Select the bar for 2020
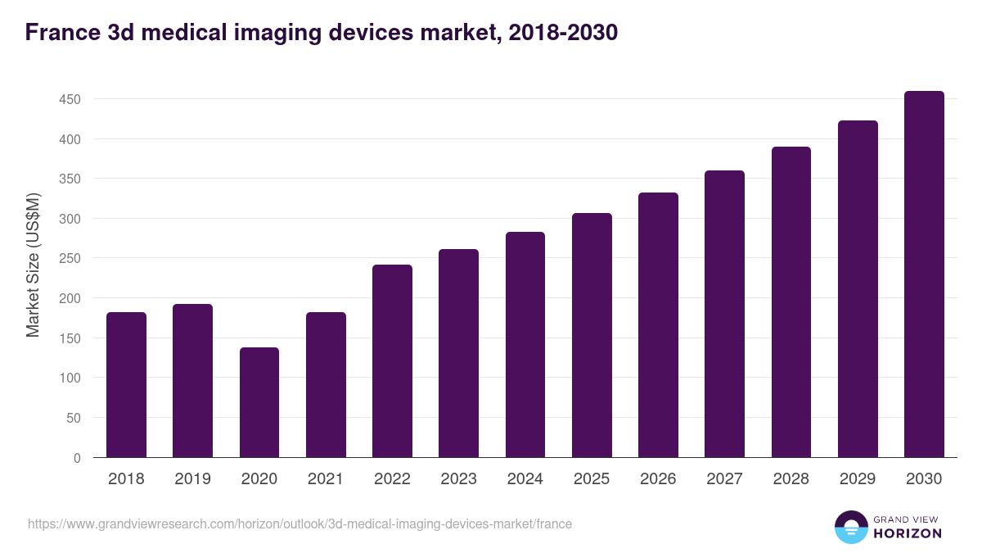pyautogui.click(x=259, y=402)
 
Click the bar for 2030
pyautogui.click(x=924, y=274)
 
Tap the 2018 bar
pyautogui.click(x=126, y=385)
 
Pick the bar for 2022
pyautogui.click(x=392, y=361)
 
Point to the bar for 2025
pyautogui.click(x=592, y=335)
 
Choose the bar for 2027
pyautogui.click(x=724, y=314)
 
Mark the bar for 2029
pyautogui.click(x=858, y=289)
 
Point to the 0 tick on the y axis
pyautogui.click(x=77, y=458)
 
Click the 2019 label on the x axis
pyautogui.click(x=192, y=479)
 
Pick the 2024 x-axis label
pyautogui.click(x=525, y=479)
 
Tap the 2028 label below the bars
pyautogui.click(x=791, y=479)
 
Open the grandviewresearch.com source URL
pyautogui.click(x=300, y=524)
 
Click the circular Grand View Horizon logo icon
pyautogui.click(x=850, y=528)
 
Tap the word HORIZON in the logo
pyautogui.click(x=908, y=533)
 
